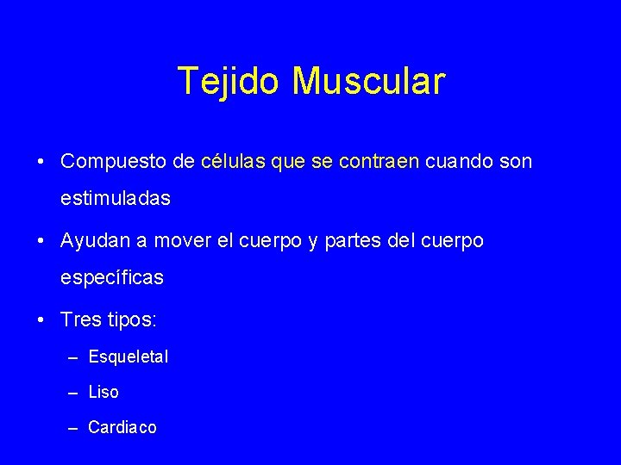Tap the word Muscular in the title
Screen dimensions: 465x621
click(368, 81)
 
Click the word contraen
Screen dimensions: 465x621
click(378, 161)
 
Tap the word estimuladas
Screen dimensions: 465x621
click(116, 198)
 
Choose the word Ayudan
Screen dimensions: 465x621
click(95, 242)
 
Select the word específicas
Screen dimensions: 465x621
click(112, 279)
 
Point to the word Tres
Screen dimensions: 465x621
click(81, 320)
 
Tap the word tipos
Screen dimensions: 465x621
click(131, 321)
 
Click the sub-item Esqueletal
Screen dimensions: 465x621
click(129, 356)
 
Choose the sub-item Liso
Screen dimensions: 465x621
click(103, 392)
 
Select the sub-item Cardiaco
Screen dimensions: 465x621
click(122, 427)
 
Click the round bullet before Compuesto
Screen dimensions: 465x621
click(41, 162)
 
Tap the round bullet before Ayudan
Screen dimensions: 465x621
click(41, 242)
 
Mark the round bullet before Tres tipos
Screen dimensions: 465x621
click(41, 320)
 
